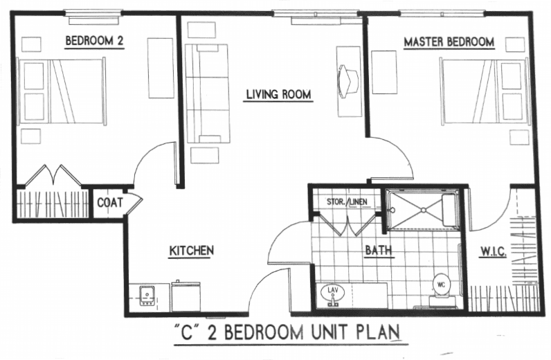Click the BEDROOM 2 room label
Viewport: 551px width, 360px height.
click(95, 41)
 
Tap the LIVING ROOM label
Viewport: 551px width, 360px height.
click(278, 94)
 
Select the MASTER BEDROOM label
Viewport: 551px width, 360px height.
click(449, 42)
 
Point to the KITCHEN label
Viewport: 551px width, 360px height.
click(192, 251)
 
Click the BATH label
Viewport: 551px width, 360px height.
click(379, 250)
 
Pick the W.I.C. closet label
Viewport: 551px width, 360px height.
click(493, 252)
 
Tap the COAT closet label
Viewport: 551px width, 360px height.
click(109, 202)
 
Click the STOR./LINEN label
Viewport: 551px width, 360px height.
click(347, 201)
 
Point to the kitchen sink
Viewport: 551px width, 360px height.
click(147, 296)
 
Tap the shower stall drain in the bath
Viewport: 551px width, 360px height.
click(424, 210)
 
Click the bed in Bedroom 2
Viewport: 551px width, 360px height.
click(62, 91)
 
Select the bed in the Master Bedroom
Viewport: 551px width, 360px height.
click(485, 92)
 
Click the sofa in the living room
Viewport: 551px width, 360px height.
click(208, 93)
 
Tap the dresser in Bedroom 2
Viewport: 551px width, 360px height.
click(161, 69)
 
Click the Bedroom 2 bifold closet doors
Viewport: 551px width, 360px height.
click(53, 174)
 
